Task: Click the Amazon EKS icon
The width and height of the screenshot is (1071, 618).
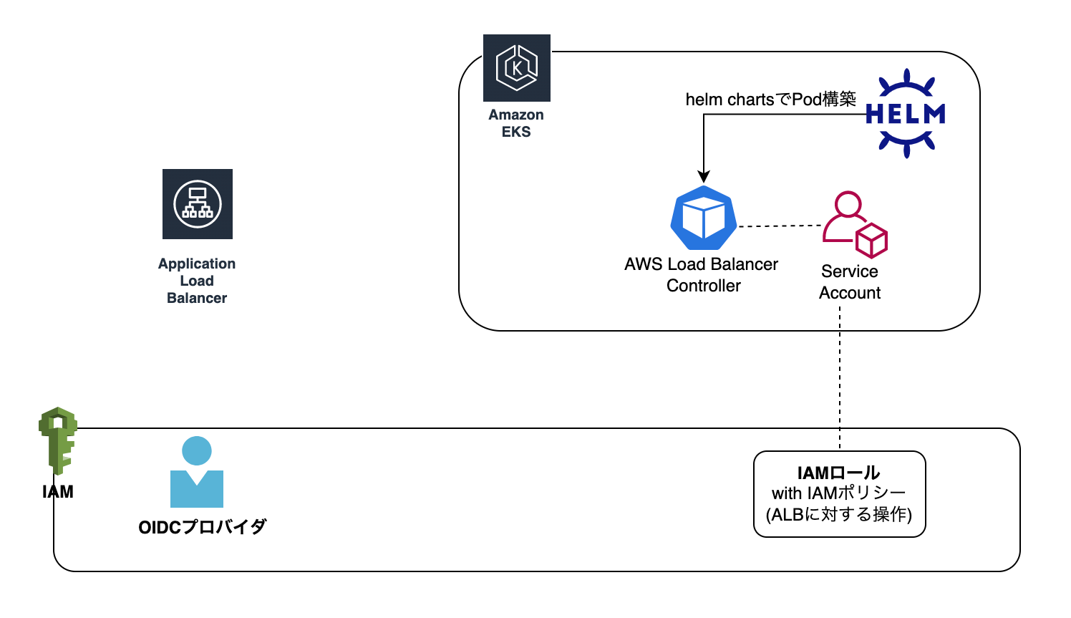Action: [516, 68]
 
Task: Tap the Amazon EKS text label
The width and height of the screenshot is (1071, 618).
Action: [516, 123]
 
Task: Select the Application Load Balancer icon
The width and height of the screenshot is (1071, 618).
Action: [198, 204]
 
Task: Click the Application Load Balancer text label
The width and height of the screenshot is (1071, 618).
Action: [197, 281]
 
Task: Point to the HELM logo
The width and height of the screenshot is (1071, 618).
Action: [906, 113]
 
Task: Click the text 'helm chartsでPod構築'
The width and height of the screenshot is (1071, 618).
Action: [770, 100]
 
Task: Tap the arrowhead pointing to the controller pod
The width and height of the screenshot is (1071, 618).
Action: [704, 176]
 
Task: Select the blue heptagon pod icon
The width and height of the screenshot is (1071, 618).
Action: [704, 218]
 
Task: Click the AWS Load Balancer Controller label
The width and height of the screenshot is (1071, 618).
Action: [702, 275]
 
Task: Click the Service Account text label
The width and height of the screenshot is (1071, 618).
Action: [850, 282]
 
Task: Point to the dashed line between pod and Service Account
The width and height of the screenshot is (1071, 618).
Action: [780, 226]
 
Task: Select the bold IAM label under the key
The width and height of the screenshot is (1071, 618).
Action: [58, 492]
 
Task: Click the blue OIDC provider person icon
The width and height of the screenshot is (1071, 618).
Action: [197, 472]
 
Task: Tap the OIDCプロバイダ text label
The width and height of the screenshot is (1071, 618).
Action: [202, 527]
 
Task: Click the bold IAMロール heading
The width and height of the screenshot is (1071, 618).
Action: [839, 473]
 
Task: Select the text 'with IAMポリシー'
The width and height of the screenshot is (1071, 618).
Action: [839, 493]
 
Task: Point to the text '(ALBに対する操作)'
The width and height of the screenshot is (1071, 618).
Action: [839, 514]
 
